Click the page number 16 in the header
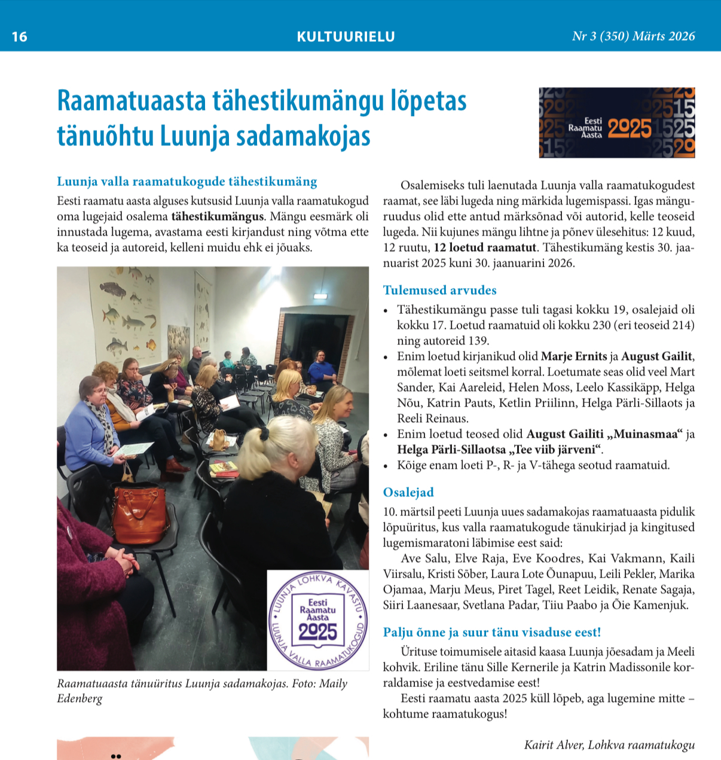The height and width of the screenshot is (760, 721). (x=20, y=36)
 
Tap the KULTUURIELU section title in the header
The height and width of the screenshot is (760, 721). (x=346, y=36)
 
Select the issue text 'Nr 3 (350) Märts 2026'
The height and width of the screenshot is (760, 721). (x=633, y=36)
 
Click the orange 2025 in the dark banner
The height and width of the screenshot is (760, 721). (x=629, y=128)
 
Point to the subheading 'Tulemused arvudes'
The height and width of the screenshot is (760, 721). (x=439, y=291)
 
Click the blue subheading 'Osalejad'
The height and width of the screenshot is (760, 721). (x=408, y=493)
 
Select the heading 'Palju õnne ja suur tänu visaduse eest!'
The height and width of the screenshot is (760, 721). (x=491, y=633)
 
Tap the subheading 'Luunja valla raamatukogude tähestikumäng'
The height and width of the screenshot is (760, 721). (x=187, y=182)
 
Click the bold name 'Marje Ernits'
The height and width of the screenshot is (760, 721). (x=574, y=356)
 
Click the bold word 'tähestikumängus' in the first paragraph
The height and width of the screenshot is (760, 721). (x=218, y=216)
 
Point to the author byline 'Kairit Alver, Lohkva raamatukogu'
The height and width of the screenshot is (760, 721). (x=609, y=744)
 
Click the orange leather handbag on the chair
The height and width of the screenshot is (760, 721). (x=138, y=514)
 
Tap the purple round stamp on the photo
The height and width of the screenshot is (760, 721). (x=317, y=620)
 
